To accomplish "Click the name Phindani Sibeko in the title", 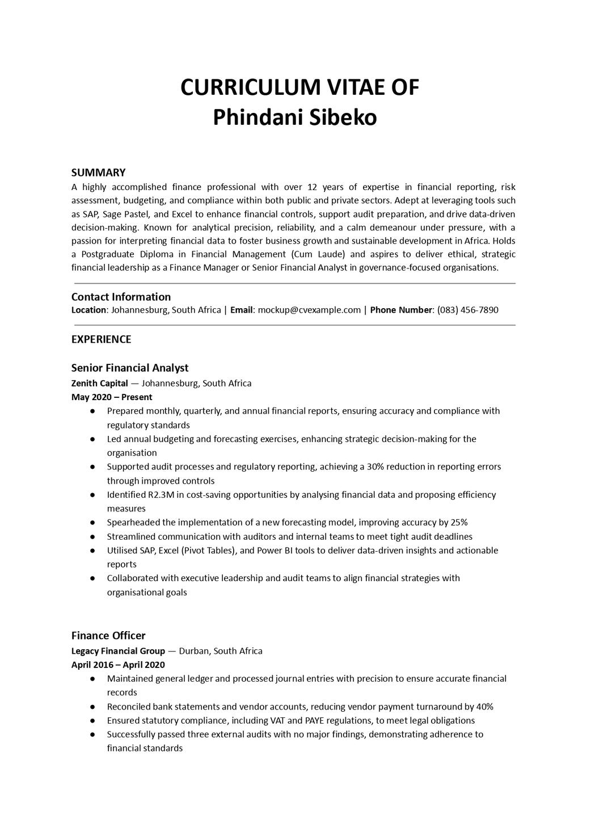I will pyautogui.click(x=295, y=117).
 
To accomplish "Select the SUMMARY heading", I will pyautogui.click(x=98, y=173).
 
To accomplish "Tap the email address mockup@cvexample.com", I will pyautogui.click(x=309, y=310).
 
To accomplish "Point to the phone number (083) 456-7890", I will pyautogui.click(x=468, y=310).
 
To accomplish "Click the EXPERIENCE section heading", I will pyautogui.click(x=101, y=339).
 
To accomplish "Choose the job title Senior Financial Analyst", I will pyautogui.click(x=130, y=368).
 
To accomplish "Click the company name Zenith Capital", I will pyautogui.click(x=100, y=383).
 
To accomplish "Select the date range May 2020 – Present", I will pyautogui.click(x=112, y=397).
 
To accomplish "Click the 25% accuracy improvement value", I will pyautogui.click(x=458, y=523).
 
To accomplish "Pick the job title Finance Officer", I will pyautogui.click(x=108, y=636).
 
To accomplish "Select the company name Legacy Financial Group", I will pyautogui.click(x=118, y=651).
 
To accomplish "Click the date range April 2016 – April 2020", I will pyautogui.click(x=118, y=665).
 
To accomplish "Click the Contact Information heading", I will pyautogui.click(x=121, y=297).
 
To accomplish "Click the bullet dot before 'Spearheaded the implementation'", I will pyautogui.click(x=92, y=523).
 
